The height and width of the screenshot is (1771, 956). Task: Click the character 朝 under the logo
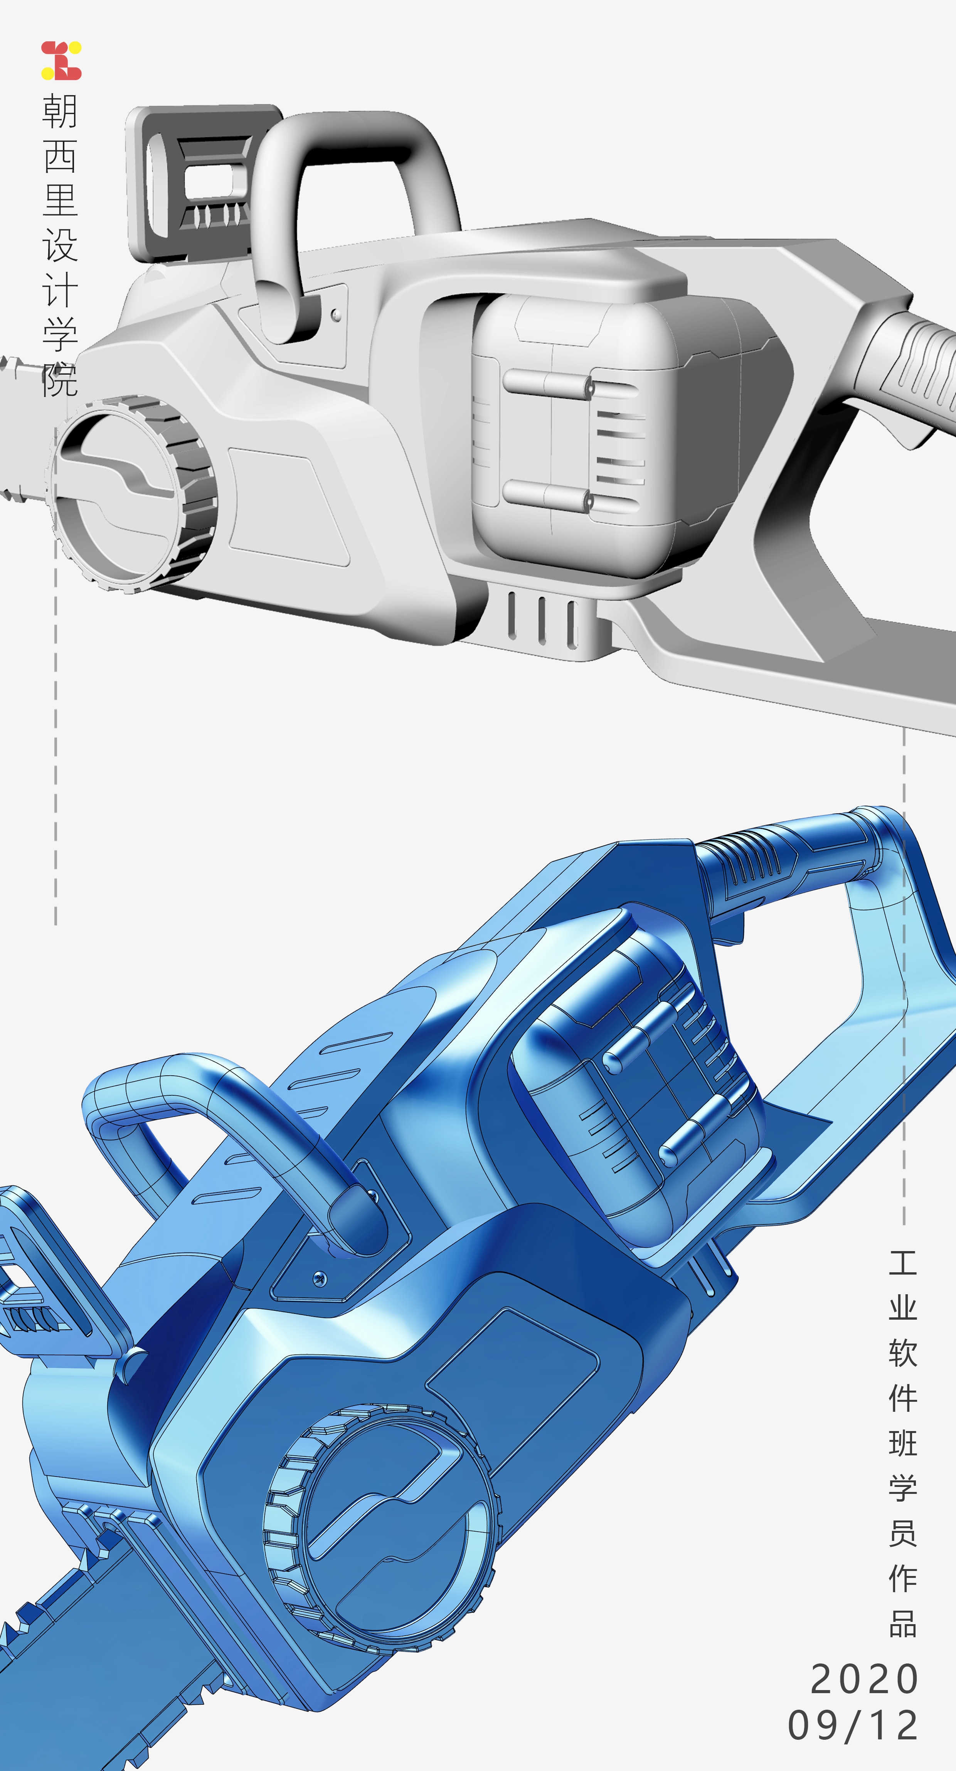tap(60, 111)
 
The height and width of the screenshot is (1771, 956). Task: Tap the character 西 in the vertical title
tap(60, 157)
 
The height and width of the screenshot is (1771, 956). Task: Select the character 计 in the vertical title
tap(60, 290)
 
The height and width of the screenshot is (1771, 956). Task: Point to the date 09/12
tap(853, 1726)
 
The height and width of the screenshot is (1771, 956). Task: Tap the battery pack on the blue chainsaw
tap(640, 1080)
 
